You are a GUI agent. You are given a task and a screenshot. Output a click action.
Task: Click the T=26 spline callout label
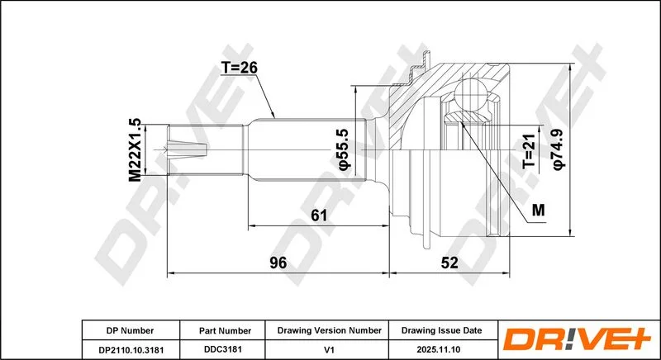[x=239, y=68]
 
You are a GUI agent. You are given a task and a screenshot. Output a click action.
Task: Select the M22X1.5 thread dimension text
[x=135, y=150]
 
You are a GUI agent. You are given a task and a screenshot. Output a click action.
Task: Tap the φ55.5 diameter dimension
[x=344, y=150]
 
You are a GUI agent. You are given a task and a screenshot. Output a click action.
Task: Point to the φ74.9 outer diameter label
[x=559, y=150]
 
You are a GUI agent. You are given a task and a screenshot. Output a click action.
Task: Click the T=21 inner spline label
[x=529, y=152]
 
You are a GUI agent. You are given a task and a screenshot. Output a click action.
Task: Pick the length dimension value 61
[x=319, y=216]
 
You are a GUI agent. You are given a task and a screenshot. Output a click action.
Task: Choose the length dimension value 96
[x=278, y=263]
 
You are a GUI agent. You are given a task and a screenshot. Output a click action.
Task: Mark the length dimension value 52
[x=449, y=263]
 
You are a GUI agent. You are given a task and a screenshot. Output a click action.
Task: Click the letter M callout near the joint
[x=539, y=210]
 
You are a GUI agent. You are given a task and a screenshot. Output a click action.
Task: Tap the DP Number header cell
[x=130, y=330]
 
